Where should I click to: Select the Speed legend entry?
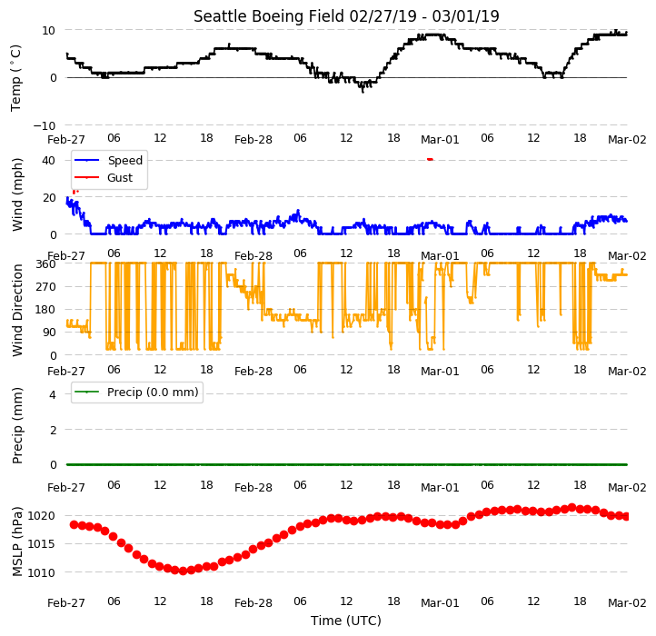[x=109, y=160]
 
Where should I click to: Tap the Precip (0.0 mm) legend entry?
[x=136, y=393]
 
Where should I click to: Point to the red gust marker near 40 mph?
[x=430, y=159]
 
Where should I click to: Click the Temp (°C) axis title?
[x=15, y=78]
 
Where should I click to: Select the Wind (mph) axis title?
[x=16, y=195]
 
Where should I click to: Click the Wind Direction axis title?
[x=16, y=311]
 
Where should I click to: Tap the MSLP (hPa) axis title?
[x=16, y=542]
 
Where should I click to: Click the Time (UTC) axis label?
[x=346, y=620]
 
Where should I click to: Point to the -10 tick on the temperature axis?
[x=44, y=125]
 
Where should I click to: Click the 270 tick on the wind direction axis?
[x=46, y=287]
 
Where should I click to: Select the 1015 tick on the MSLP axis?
[x=42, y=544]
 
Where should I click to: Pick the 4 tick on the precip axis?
[x=53, y=394]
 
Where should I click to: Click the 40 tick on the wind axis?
[x=48, y=160]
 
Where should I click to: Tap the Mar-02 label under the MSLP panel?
[x=627, y=603]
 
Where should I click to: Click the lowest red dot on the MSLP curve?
[x=183, y=571]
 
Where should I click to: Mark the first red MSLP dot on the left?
[x=75, y=525]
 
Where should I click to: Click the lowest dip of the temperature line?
[x=363, y=90]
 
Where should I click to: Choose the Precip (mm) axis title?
[x=16, y=425]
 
